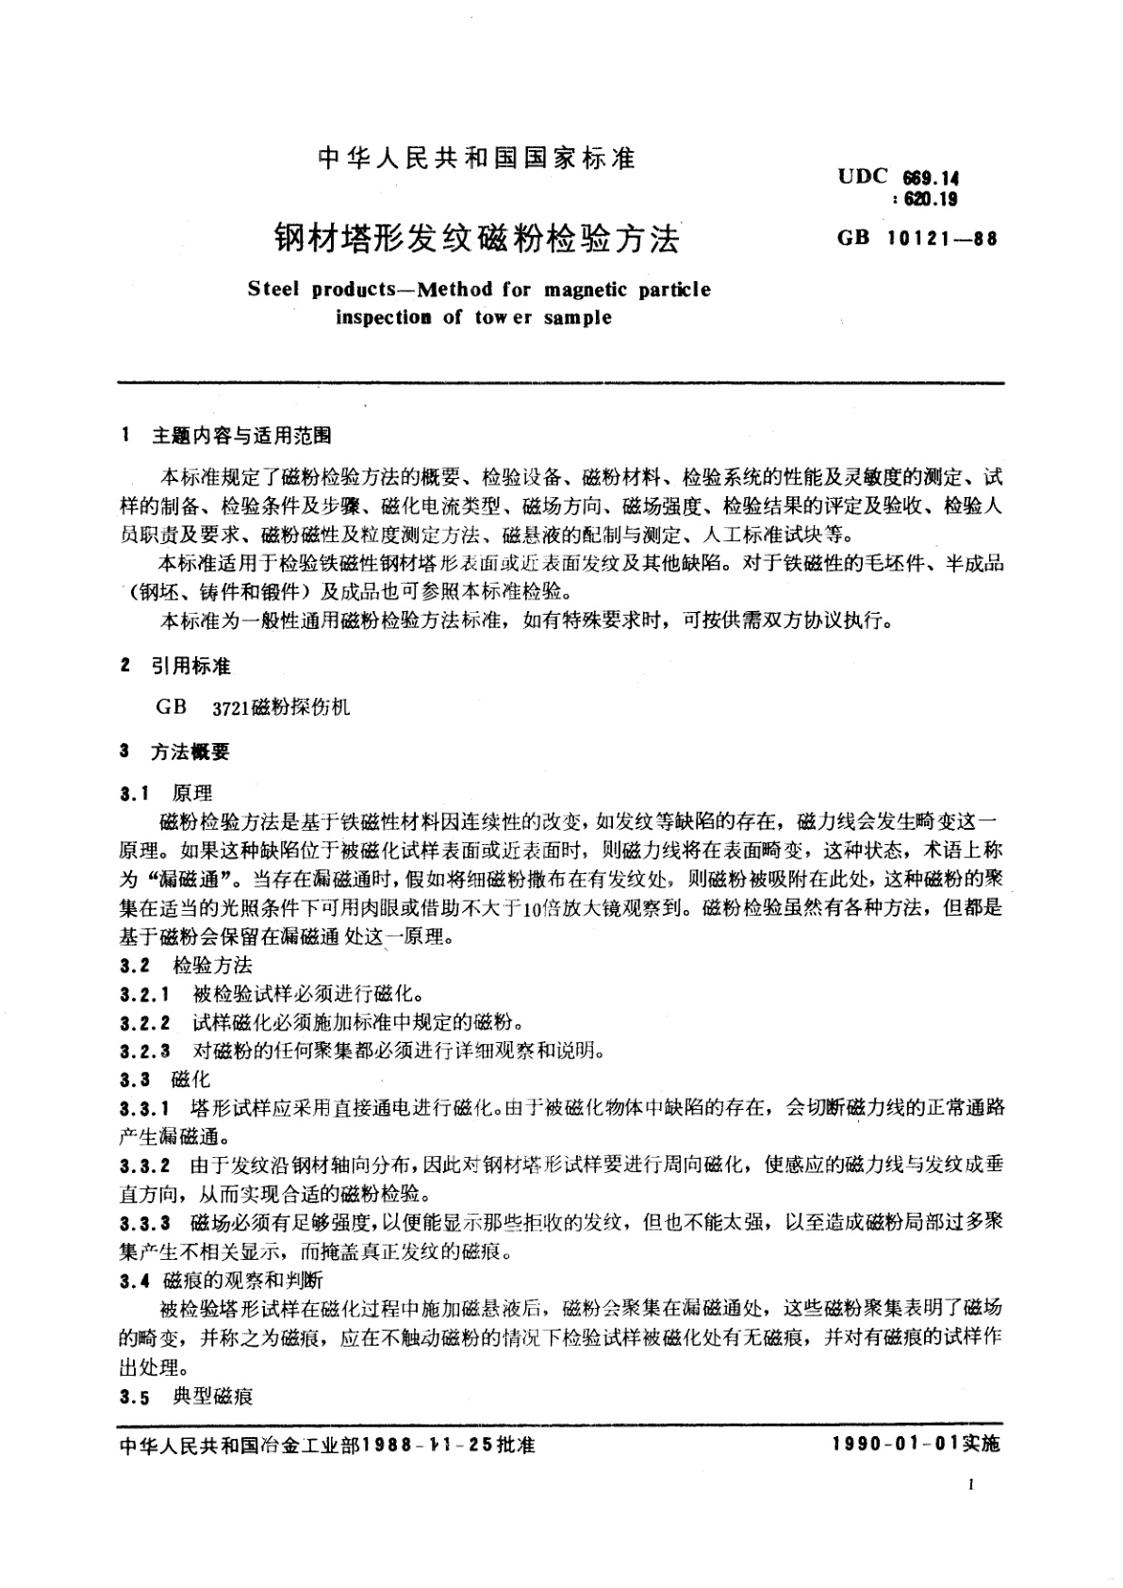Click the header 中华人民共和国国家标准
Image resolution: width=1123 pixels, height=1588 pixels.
click(476, 157)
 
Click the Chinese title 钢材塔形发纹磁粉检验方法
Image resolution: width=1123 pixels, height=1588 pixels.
click(476, 239)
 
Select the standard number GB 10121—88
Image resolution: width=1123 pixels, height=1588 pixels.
click(916, 239)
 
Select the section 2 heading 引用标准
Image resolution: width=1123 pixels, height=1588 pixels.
click(191, 667)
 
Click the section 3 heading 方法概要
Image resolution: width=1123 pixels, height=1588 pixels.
click(191, 752)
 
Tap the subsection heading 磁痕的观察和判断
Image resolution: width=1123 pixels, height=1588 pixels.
click(243, 1282)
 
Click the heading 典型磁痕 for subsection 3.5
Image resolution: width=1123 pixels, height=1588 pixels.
click(213, 1397)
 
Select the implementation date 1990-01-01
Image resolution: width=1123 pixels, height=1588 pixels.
click(895, 1445)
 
